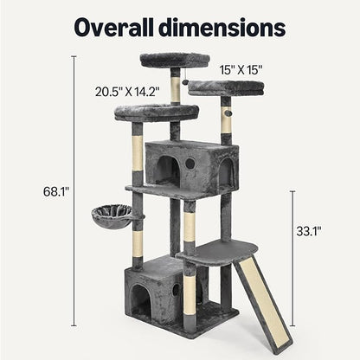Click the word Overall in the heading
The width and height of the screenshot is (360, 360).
[x=119, y=27]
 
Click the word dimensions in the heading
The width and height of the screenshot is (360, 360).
[x=230, y=27]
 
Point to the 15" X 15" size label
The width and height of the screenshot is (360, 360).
[x=242, y=68]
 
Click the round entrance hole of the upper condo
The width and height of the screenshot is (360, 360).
[x=190, y=163]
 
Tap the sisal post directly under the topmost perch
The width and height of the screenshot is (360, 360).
[x=176, y=87]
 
